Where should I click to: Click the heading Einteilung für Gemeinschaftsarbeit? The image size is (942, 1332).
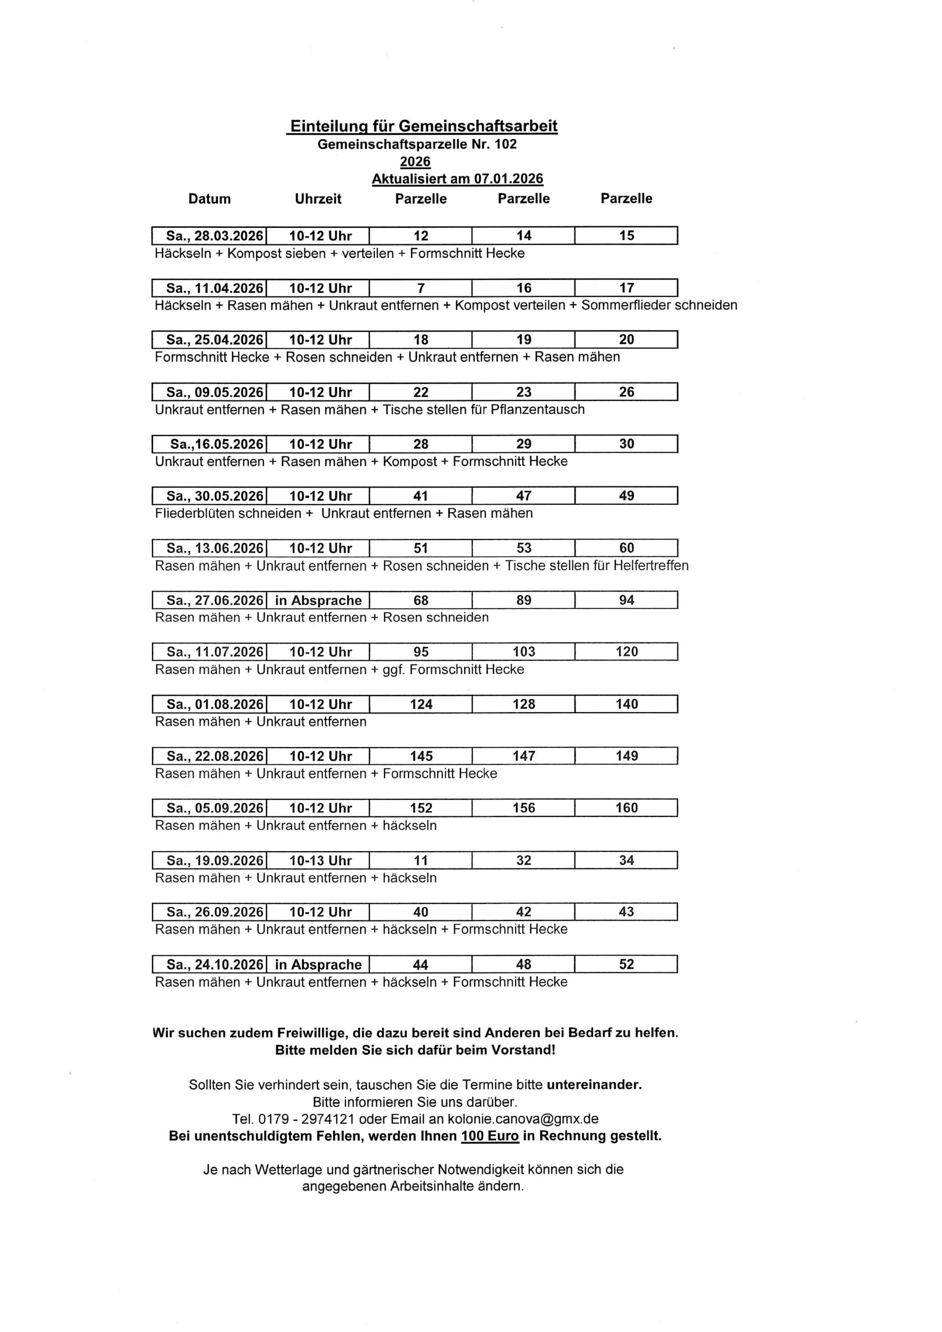tap(424, 126)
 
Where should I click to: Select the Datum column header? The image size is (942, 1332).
tap(210, 199)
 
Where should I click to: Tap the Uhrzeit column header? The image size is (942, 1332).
tap(318, 199)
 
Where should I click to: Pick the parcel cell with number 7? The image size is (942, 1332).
tap(421, 288)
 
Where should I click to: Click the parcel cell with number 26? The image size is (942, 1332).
tap(626, 392)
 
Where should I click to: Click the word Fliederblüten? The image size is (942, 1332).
tap(197, 514)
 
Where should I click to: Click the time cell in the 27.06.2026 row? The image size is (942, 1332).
tap(318, 600)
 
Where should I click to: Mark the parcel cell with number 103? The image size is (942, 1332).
tap(524, 651)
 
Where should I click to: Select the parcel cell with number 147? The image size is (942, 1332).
tap(524, 756)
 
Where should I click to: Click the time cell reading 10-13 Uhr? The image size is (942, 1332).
tap(318, 861)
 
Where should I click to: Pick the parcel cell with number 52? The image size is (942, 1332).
tap(626, 964)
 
